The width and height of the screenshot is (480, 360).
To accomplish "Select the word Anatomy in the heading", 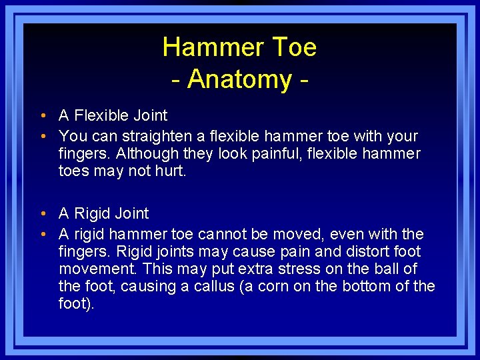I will (239, 79).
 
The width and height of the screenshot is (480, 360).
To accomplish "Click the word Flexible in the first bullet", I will (101, 116).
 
